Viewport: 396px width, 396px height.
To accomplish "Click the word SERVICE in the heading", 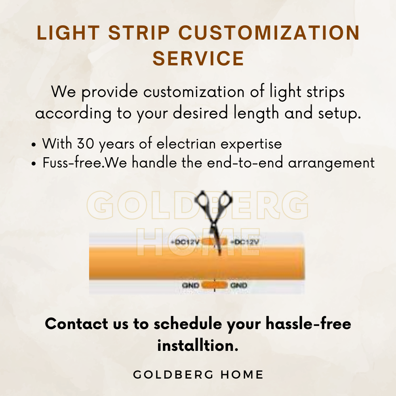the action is point(198,58).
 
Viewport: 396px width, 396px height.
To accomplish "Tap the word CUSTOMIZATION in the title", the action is point(269,32).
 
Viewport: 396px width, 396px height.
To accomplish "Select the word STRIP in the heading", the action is point(139,32).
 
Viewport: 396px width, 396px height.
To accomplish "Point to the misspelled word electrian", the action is point(186,144).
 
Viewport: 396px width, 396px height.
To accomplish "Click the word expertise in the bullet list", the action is point(251,144).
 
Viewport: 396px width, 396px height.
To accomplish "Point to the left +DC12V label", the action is point(185,242).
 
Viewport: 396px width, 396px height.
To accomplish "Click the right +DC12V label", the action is point(245,242).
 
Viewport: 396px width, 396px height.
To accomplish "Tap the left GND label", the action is point(191,286).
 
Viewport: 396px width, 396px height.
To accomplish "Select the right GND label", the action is point(239,286).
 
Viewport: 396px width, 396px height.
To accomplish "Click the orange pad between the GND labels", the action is point(215,286).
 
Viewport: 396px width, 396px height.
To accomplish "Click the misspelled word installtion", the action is point(198,345).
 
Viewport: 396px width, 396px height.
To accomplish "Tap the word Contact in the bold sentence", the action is point(76,324).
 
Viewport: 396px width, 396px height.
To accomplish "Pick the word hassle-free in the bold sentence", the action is point(308,324).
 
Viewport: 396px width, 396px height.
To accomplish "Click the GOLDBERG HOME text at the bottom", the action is point(198,375).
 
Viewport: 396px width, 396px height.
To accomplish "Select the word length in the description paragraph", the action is point(256,113).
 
